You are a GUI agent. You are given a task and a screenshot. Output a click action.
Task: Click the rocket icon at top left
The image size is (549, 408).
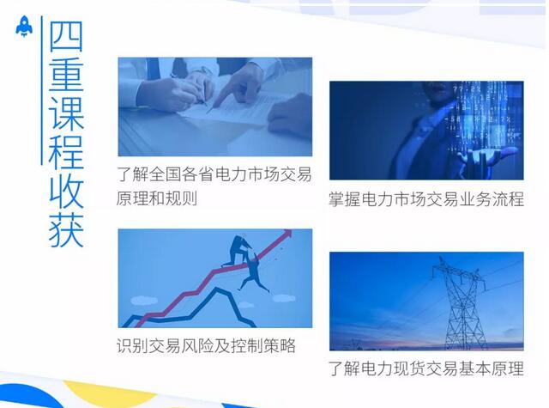(x=23, y=28)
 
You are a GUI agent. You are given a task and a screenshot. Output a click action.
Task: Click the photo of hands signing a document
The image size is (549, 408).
(x=215, y=107)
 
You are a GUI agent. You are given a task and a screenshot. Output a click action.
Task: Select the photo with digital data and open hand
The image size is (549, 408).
(x=426, y=130)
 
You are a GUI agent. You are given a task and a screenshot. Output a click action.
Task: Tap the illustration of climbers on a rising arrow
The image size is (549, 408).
(x=215, y=278)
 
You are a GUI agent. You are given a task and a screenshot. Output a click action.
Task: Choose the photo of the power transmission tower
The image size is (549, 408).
(x=426, y=300)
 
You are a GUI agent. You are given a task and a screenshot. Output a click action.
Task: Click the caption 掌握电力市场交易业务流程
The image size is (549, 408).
(x=426, y=199)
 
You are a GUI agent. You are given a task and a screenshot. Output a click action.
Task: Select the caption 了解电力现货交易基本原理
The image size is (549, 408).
(x=426, y=371)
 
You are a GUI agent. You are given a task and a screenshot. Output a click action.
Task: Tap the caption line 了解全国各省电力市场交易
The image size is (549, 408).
(x=215, y=173)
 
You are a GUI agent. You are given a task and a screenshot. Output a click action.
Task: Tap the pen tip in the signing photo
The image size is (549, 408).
(x=208, y=109)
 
